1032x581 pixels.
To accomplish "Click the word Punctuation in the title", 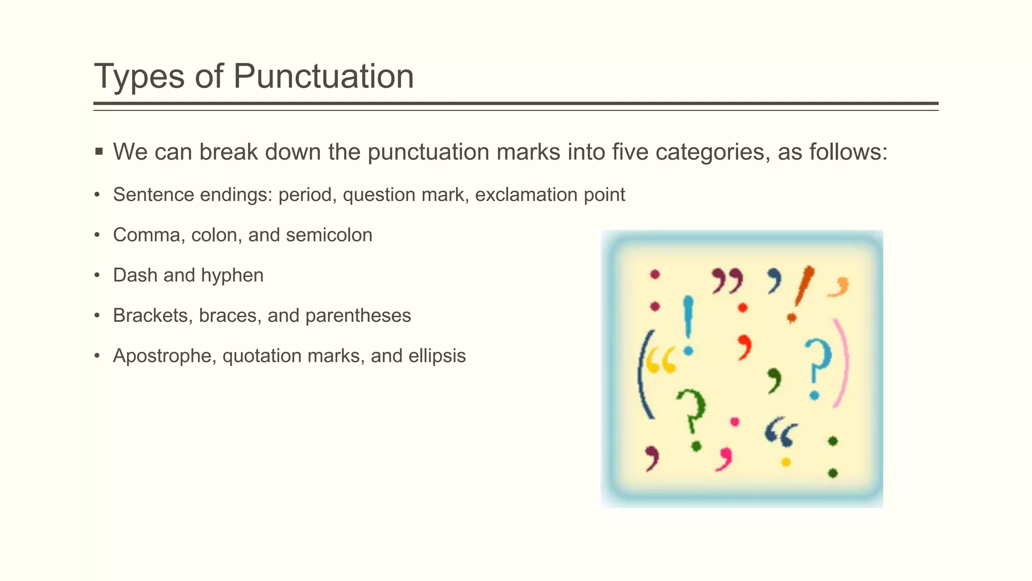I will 323,76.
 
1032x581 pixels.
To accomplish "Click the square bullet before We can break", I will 99,151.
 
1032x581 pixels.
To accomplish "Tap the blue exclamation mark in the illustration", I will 688,323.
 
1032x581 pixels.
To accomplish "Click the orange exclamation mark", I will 800,293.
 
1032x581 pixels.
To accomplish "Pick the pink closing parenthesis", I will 841,363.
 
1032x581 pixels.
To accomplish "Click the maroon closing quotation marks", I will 727,281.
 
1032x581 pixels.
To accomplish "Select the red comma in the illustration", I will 744,347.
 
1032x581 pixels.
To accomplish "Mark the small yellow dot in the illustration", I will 785,462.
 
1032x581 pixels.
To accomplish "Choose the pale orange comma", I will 840,287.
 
